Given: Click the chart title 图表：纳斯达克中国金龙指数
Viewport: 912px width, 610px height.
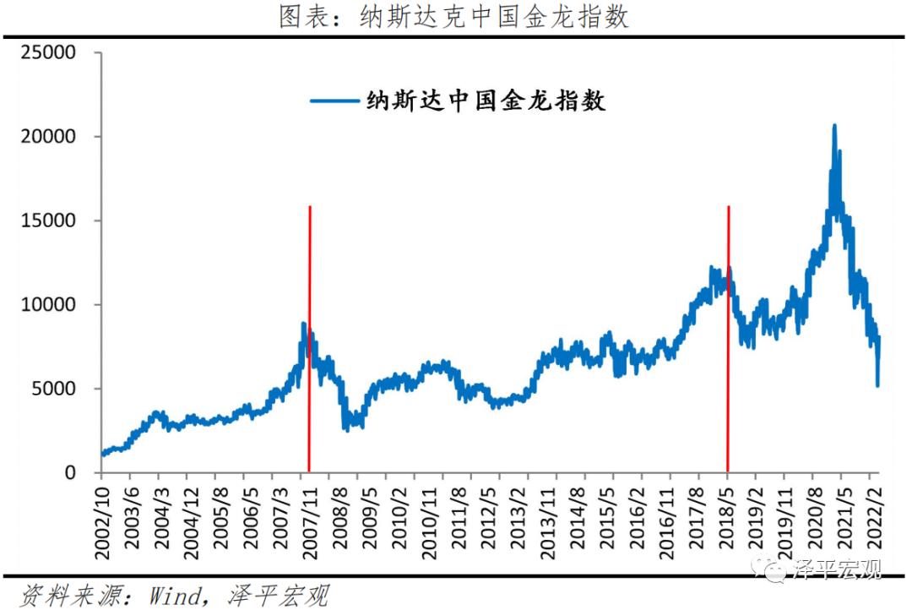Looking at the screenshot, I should [454, 17].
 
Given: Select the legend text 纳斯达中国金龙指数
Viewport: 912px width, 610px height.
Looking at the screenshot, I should [486, 101].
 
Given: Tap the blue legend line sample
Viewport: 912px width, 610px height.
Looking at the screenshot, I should [335, 101].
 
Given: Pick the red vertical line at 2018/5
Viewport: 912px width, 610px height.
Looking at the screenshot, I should [728, 380].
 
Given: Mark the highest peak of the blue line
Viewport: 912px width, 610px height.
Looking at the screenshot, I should [834, 126].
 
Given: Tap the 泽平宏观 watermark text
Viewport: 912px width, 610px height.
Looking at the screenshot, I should [836, 569].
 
